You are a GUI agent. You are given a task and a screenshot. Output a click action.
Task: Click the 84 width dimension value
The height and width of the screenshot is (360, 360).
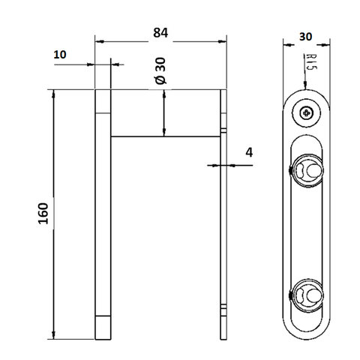[x=160, y=33]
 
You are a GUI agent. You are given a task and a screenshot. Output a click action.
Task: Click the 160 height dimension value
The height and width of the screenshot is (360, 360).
[x=43, y=214]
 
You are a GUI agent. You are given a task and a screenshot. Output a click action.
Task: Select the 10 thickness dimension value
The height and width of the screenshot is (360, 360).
[x=60, y=55]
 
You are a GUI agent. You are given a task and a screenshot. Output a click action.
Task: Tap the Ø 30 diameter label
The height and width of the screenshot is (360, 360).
[x=160, y=70]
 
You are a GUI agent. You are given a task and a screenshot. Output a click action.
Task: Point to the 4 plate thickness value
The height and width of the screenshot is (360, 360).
[x=249, y=152]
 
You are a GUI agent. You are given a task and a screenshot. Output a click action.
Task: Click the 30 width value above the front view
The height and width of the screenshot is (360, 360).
[x=305, y=37]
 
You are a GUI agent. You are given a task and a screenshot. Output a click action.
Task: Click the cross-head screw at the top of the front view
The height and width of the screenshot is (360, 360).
[x=307, y=114]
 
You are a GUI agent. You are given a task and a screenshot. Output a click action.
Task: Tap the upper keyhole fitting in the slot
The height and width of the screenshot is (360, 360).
[x=307, y=171]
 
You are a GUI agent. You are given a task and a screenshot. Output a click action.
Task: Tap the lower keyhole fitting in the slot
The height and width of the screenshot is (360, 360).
[x=307, y=295]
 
